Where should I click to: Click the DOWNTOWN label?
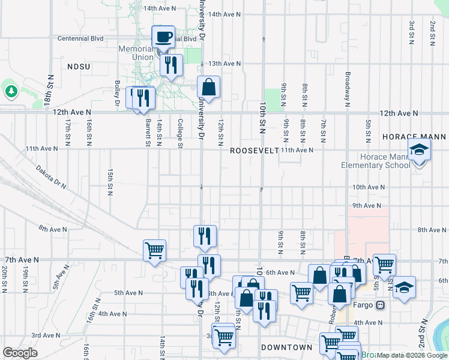(287, 347)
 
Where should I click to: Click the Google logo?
(20, 353)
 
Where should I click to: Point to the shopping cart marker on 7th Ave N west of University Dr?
(154, 251)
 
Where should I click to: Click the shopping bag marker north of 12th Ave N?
(208, 87)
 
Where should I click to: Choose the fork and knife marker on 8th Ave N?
(205, 236)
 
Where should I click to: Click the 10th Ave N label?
(368, 187)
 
